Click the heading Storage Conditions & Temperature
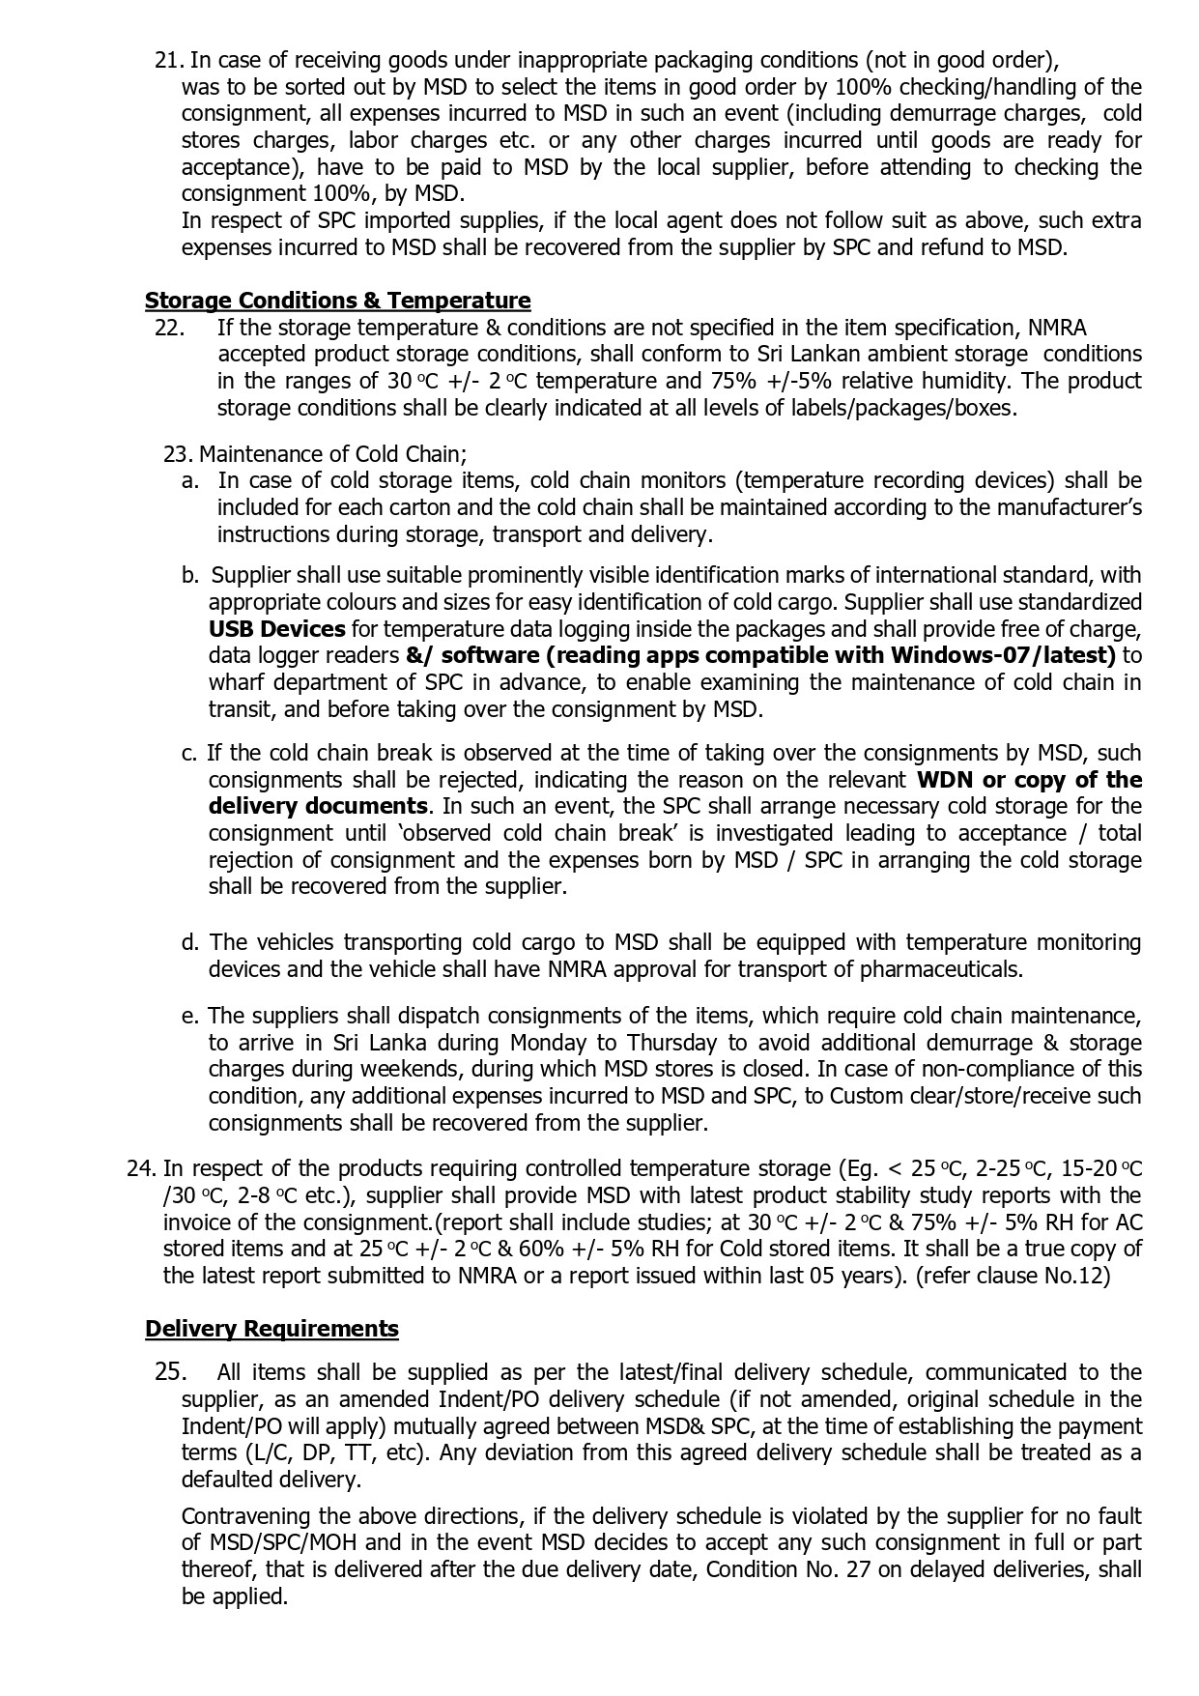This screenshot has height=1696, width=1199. [337, 301]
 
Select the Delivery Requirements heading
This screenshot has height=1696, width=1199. [271, 1329]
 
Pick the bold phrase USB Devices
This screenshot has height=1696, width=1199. [276, 629]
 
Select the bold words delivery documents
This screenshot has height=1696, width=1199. [318, 806]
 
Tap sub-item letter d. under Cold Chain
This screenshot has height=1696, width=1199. [190, 942]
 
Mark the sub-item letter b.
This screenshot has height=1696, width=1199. [190, 576]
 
